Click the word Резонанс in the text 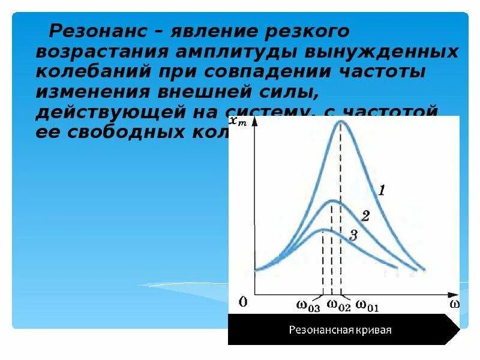(x=95, y=31)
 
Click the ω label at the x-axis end (x=455, y=304)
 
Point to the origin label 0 (x=242, y=302)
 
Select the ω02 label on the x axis (x=338, y=305)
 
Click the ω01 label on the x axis (x=368, y=305)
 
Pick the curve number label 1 (x=382, y=191)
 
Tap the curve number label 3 (x=353, y=235)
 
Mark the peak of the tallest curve (x=341, y=122)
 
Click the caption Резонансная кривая (x=340, y=330)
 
